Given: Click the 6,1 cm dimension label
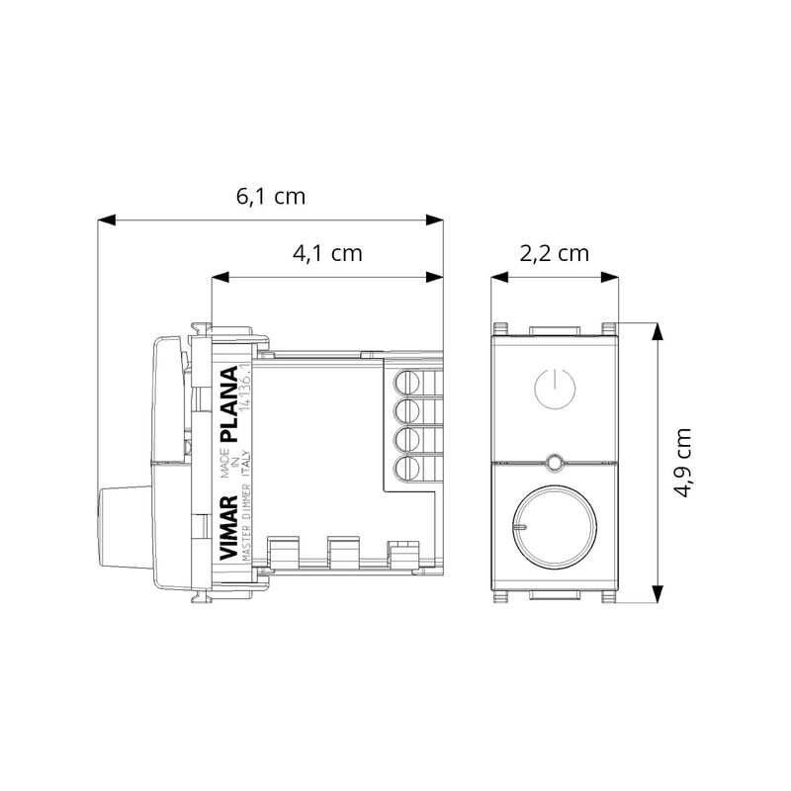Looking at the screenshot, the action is (271, 196).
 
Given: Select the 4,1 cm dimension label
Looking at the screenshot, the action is (327, 253).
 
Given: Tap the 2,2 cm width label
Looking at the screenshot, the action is (555, 253).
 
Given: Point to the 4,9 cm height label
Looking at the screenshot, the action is (683, 463).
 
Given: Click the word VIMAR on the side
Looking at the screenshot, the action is (229, 527).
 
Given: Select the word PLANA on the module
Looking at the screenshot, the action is (229, 404).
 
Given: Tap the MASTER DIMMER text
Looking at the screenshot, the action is (246, 523).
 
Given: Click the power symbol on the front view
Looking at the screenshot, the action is (555, 388).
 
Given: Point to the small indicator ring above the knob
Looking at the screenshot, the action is (555, 462).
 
